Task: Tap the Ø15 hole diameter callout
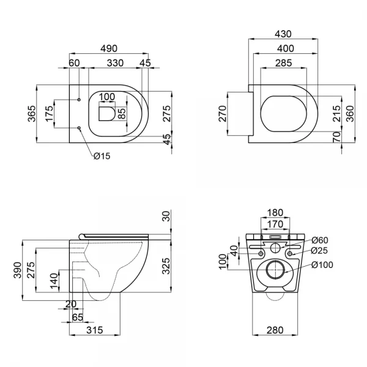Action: tap(102, 157)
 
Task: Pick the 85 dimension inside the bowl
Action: tap(122, 114)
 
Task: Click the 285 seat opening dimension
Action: tap(283, 62)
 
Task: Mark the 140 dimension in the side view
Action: tap(53, 283)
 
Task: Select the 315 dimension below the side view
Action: tap(94, 331)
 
